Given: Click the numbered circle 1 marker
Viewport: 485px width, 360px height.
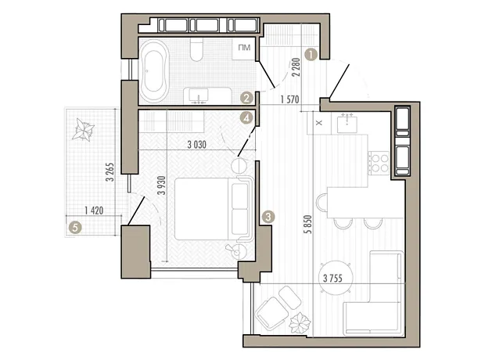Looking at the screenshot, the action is pyautogui.click(x=311, y=55).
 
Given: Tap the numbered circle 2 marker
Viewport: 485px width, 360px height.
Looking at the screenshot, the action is pyautogui.click(x=246, y=99).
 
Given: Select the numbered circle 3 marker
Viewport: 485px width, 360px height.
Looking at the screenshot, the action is pyautogui.click(x=268, y=217).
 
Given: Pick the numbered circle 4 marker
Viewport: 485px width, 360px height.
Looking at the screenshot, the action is pyautogui.click(x=246, y=118).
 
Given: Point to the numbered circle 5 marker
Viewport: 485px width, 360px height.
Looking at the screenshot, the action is pyautogui.click(x=75, y=229).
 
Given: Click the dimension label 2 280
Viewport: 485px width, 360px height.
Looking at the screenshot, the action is pyautogui.click(x=296, y=67).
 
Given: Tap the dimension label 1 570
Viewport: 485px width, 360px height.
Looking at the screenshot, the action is pyautogui.click(x=289, y=99).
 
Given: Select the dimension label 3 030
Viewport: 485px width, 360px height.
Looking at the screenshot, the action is pyautogui.click(x=196, y=145).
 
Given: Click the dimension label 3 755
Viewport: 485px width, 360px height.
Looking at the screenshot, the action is pyautogui.click(x=332, y=279).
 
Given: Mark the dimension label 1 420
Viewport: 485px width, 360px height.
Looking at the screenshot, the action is pyautogui.click(x=94, y=211).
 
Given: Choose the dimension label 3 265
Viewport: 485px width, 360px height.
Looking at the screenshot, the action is pyautogui.click(x=110, y=172).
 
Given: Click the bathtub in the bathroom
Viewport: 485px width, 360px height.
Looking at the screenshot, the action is pyautogui.click(x=154, y=70).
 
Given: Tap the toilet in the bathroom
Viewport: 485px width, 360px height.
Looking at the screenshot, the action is pyautogui.click(x=196, y=49).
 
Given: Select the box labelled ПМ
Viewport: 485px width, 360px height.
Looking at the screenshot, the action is pyautogui.click(x=244, y=49).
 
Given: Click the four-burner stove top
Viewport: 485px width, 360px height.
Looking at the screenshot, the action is pyautogui.click(x=379, y=163).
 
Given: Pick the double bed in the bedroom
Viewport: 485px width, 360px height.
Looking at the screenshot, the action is pyautogui.click(x=214, y=209).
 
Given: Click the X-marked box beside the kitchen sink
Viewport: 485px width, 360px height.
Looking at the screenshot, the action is pyautogui.click(x=319, y=123).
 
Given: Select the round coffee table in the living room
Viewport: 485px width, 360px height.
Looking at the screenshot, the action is pyautogui.click(x=336, y=279).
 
